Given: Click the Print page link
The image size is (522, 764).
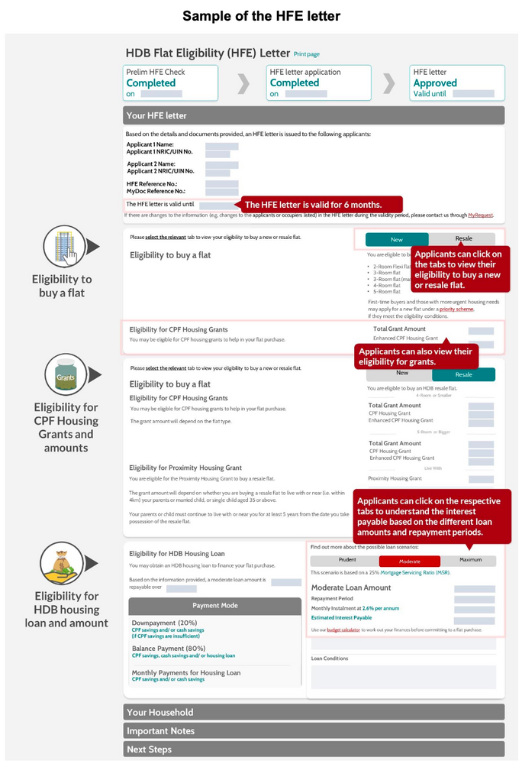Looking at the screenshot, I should click(307, 54).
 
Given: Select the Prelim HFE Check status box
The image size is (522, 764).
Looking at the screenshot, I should click(171, 83).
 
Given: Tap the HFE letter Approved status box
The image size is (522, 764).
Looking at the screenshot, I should click(456, 83).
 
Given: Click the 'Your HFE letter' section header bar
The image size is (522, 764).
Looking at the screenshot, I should click(313, 115).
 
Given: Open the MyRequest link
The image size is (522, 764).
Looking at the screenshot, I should click(481, 215).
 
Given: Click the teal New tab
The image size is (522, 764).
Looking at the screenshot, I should click(397, 239).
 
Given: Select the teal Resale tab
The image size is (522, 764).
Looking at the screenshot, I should click(463, 374).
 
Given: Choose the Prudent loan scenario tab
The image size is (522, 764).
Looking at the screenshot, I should click(343, 561).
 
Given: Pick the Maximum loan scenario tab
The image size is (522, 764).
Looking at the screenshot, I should click(471, 561).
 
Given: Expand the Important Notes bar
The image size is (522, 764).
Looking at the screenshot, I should click(313, 730).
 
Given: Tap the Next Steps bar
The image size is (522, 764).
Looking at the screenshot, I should click(313, 749).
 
